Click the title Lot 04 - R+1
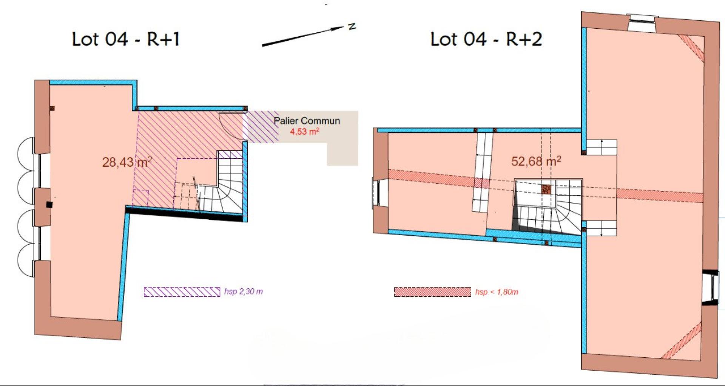pyautogui.click(x=125, y=39)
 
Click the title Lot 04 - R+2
pyautogui.click(x=486, y=39)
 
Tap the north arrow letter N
pyautogui.click(x=352, y=26)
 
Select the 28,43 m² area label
pyautogui.click(x=127, y=162)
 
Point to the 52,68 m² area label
pyautogui.click(x=536, y=161)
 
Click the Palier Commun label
pyautogui.click(x=307, y=121)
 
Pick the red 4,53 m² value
pyautogui.click(x=304, y=132)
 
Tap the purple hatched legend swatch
pyautogui.click(x=182, y=292)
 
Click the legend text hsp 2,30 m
pyautogui.click(x=244, y=292)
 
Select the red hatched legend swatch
pyautogui.click(x=433, y=292)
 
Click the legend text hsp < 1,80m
pyautogui.click(x=497, y=292)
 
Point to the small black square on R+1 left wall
pyautogui.click(x=49, y=205)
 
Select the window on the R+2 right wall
pyautogui.click(x=709, y=286)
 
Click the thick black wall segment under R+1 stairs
pyautogui.click(x=187, y=213)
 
